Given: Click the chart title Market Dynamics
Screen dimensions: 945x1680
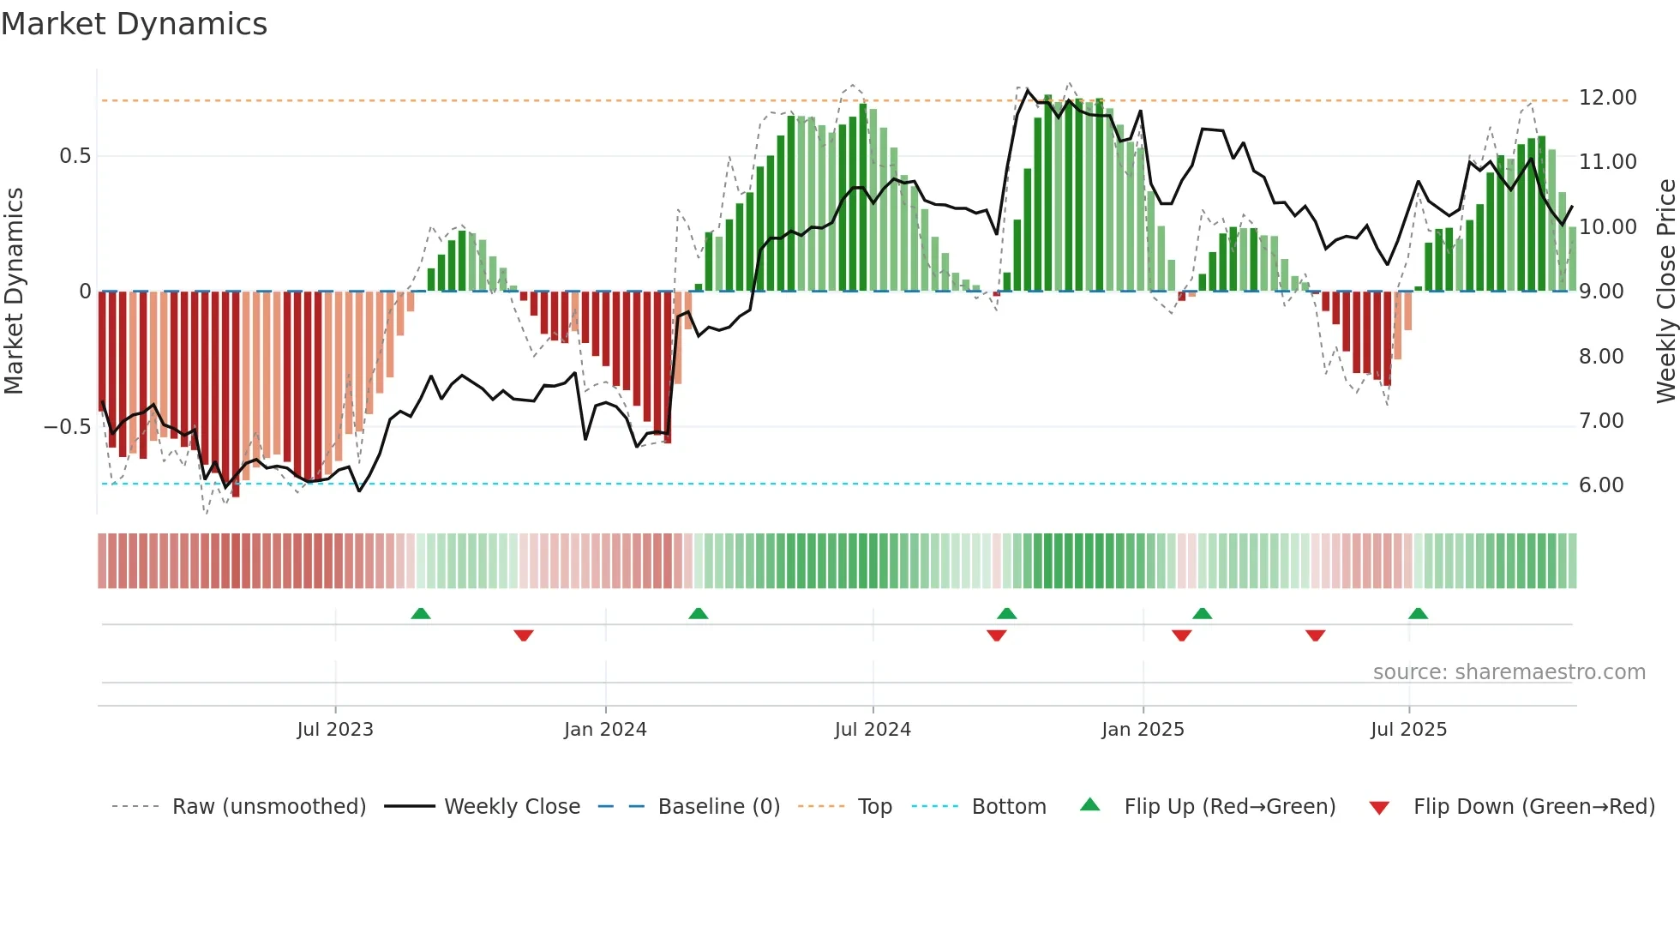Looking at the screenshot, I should pyautogui.click(x=134, y=24).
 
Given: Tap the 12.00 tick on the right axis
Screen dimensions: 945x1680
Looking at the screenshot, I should pyautogui.click(x=1607, y=98).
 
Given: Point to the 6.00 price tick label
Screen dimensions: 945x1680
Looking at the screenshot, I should pyautogui.click(x=1601, y=485).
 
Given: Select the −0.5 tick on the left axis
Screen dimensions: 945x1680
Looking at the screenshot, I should pyautogui.click(x=68, y=427).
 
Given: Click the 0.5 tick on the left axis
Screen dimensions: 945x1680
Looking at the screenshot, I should pyautogui.click(x=75, y=156).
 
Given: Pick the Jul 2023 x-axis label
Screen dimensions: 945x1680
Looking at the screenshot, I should pyautogui.click(x=335, y=730).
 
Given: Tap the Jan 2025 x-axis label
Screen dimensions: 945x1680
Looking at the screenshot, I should pyautogui.click(x=1143, y=730).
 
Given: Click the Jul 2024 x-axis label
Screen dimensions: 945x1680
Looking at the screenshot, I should pyautogui.click(x=873, y=730).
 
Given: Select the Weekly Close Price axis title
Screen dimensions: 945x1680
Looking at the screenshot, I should pyautogui.click(x=1665, y=291).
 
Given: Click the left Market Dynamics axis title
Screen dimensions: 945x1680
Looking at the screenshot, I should pyautogui.click(x=14, y=291).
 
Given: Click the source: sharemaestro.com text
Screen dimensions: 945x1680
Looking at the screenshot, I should pyautogui.click(x=1509, y=672).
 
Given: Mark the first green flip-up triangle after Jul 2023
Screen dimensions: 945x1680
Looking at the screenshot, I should pyautogui.click(x=420, y=614).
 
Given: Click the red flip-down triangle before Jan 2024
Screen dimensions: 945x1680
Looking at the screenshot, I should pyautogui.click(x=524, y=635).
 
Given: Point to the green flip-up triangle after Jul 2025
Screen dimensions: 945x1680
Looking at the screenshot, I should pyautogui.click(x=1418, y=614).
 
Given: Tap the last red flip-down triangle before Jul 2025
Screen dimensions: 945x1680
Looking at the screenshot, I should pyautogui.click(x=1315, y=635).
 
